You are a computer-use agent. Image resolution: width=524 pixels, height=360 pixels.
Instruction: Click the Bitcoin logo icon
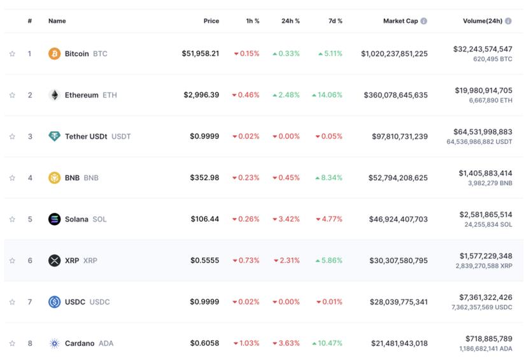(x=54, y=54)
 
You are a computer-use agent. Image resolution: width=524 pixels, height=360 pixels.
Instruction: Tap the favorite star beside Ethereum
(x=12, y=95)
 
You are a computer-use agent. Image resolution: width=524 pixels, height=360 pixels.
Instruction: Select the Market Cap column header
(x=400, y=21)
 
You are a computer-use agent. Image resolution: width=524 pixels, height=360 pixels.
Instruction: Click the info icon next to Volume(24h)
(x=508, y=21)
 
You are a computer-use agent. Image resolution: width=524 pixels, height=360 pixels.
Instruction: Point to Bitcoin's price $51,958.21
(x=200, y=54)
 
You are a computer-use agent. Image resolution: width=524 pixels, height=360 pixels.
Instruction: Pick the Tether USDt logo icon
(x=54, y=136)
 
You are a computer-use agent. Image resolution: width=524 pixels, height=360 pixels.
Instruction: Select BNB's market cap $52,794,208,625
(x=398, y=178)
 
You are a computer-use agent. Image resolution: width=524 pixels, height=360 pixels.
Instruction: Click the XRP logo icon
(x=54, y=261)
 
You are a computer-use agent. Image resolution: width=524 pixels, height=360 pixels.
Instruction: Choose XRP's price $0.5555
(x=204, y=261)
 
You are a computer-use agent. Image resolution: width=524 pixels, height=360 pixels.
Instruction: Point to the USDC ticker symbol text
(x=99, y=302)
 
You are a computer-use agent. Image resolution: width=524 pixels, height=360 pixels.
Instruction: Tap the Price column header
(x=211, y=21)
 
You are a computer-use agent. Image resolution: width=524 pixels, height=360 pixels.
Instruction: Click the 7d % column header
(x=335, y=21)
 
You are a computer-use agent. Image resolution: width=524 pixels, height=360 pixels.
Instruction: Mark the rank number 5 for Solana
(x=29, y=219)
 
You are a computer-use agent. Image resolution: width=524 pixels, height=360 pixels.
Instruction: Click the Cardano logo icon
(x=54, y=343)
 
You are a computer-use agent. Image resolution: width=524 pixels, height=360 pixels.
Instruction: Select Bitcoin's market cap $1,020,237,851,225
(x=394, y=54)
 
